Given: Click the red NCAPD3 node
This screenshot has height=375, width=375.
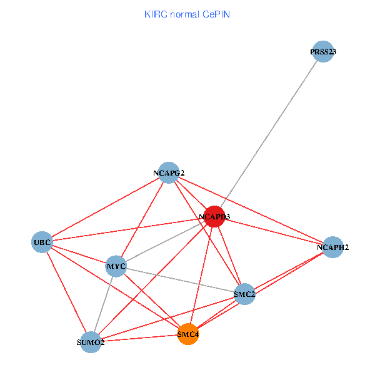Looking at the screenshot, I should point(214,216).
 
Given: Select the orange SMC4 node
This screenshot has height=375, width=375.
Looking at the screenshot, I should point(188,334).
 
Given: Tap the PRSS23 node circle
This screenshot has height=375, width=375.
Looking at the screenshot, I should point(323,52).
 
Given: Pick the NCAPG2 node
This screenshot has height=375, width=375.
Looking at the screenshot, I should point(169,172).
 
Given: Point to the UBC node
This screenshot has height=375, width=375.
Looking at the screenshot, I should point(42,242).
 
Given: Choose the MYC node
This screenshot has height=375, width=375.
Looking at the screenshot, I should point(116,267).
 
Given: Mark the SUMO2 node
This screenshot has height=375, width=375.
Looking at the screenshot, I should point(91,342).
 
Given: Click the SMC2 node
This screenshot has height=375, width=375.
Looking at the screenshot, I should point(244,294).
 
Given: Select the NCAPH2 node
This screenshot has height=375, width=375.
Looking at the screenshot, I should point(333,247).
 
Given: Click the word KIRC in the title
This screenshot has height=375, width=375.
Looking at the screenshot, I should point(154,14).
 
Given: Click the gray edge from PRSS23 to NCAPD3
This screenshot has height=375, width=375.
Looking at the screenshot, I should point(269,134).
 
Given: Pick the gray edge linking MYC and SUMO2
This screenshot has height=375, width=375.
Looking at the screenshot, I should point(104,304).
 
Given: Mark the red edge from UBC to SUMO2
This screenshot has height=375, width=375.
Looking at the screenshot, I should point(66,292).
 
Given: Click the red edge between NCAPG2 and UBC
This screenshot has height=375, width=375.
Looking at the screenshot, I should point(105,207).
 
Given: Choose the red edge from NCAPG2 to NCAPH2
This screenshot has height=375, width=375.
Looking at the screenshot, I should point(251,210).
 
